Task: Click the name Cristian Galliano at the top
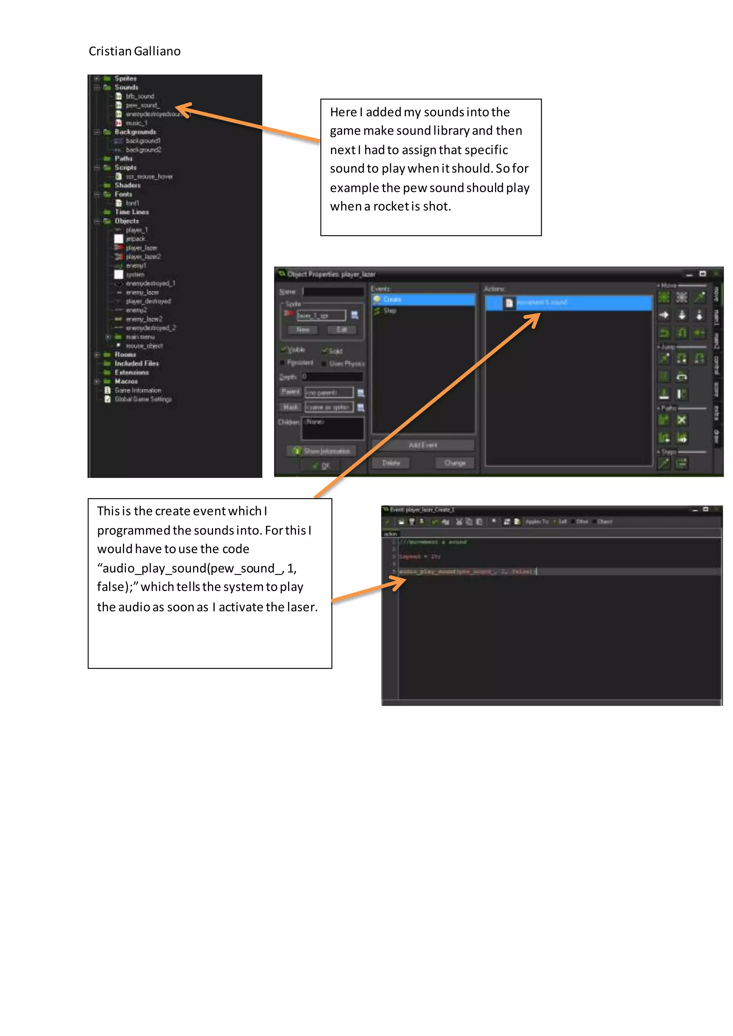[135, 52]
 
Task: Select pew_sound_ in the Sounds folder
[142, 106]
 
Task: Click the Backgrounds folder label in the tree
[135, 132]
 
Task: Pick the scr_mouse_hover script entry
[149, 176]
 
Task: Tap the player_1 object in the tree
[136, 230]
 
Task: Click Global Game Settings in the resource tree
[143, 399]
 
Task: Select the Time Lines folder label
[131, 212]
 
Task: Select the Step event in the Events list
[389, 311]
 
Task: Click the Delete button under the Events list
[391, 463]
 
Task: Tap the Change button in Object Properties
[455, 463]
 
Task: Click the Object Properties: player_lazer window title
[331, 274]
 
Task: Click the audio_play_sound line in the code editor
[467, 572]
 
